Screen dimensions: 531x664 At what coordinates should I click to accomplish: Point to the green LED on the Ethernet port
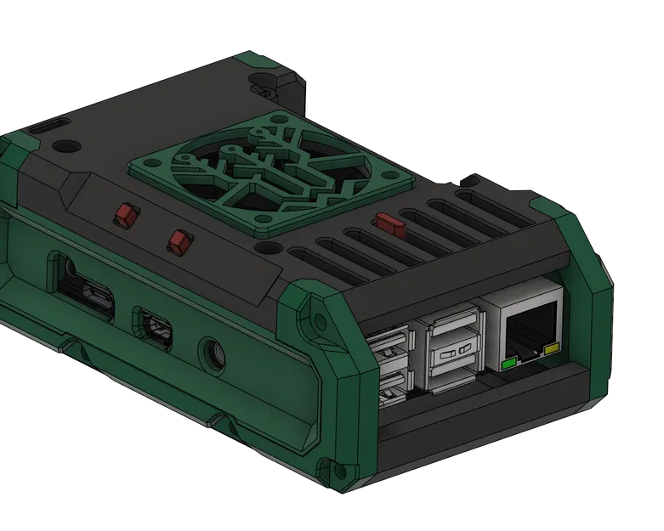510,364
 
